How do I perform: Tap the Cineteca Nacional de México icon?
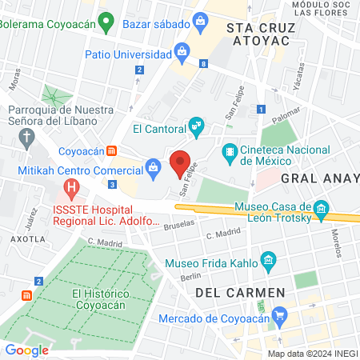coord(230,150)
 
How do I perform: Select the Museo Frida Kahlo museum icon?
coord(268,262)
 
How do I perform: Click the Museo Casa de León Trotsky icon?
coord(322,210)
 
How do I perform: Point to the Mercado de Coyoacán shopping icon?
coord(278,317)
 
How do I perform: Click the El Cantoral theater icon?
coord(196,126)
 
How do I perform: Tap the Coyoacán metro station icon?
coord(114,150)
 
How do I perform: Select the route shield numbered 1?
coord(261,109)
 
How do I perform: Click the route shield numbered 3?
coord(113,185)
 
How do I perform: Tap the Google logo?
coord(26,350)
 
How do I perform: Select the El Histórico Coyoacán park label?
coord(102,300)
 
